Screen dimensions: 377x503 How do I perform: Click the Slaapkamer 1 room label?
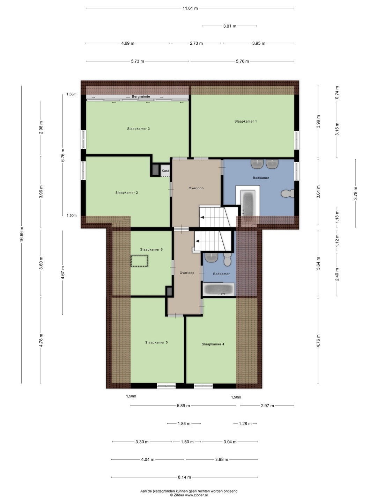pos(245,121)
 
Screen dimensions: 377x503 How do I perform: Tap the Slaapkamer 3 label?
pos(138,129)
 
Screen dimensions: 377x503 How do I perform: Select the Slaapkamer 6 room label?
pos(151,249)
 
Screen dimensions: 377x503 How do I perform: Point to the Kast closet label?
pos(165,171)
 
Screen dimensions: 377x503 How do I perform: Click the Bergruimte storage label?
pos(141,97)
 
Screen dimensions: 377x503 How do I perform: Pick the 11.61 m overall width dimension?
pos(190,8)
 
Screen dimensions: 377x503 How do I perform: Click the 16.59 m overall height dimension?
pos(22,234)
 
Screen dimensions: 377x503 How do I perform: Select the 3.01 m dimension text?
pos(230,26)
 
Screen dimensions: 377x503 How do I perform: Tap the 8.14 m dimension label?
pos(184,477)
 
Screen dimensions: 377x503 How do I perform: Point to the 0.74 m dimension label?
pos(337,93)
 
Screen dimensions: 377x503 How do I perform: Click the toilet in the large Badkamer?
pos(288,194)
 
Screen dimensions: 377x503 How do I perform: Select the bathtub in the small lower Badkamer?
pos(219,290)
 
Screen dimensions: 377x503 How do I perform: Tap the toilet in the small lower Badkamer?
pos(227,260)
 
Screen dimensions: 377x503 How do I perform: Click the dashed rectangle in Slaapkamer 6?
pos(139,261)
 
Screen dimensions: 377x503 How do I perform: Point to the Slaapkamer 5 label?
pos(156,342)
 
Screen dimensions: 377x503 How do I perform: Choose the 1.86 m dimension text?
pos(184,424)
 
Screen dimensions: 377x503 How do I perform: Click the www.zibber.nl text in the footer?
pos(196,495)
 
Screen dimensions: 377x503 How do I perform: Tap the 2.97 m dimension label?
pos(267,406)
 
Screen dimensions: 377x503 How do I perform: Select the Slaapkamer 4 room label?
pos(213,344)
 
